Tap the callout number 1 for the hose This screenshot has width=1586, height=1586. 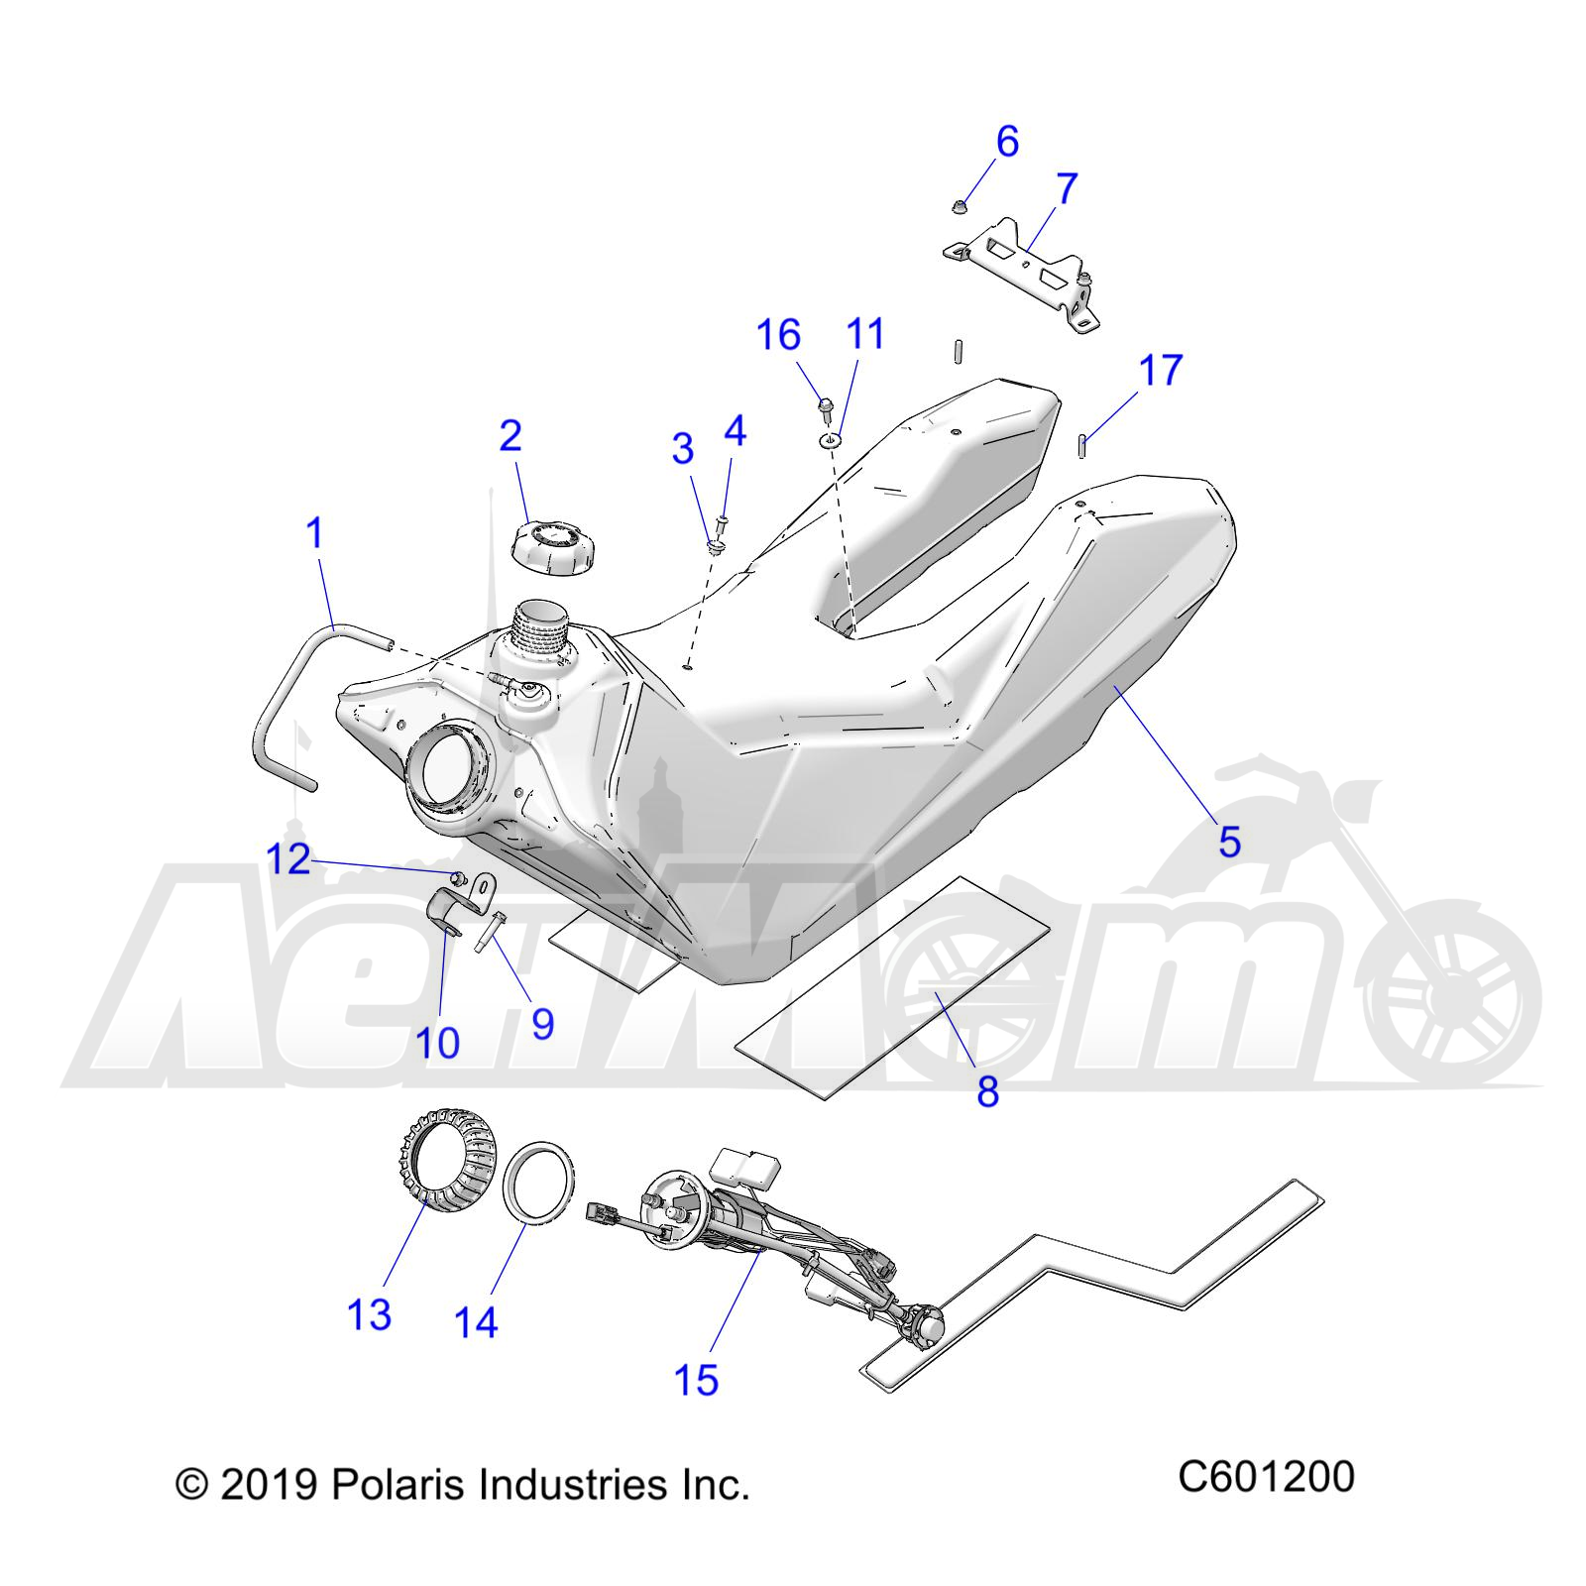315,533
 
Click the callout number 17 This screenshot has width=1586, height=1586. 1161,371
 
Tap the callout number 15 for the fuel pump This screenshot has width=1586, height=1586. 696,1379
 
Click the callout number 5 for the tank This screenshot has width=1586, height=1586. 1229,843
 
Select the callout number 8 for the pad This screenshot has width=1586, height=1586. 987,1092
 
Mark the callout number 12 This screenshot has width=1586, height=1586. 288,859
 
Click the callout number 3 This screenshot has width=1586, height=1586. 683,448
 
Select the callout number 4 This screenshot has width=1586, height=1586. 735,431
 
